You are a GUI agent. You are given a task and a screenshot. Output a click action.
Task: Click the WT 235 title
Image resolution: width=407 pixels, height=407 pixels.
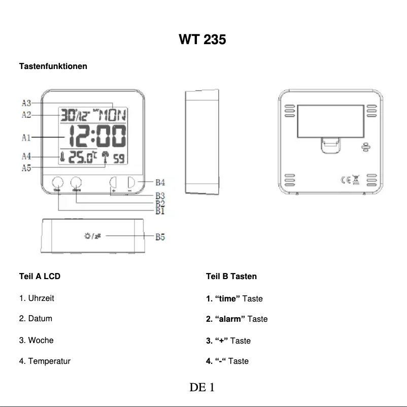click(202, 39)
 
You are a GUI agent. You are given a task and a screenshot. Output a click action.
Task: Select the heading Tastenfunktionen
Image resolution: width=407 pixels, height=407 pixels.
click(53, 66)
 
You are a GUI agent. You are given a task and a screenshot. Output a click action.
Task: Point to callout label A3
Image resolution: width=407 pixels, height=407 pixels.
click(27, 103)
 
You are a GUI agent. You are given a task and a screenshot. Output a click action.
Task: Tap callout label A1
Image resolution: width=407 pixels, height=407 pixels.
click(27, 137)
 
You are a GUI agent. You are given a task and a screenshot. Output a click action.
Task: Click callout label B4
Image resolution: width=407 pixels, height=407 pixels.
click(160, 182)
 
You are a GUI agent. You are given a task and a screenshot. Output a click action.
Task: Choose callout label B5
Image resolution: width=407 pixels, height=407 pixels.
click(160, 236)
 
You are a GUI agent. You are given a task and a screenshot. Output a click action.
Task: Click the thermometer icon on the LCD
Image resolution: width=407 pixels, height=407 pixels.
click(62, 158)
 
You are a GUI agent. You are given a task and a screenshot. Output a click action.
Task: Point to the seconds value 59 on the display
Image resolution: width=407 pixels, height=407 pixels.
click(118, 159)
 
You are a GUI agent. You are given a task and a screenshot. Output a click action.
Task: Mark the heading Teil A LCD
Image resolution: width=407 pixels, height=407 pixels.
click(40, 277)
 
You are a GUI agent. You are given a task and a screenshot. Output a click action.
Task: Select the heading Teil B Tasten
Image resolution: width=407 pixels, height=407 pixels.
click(231, 277)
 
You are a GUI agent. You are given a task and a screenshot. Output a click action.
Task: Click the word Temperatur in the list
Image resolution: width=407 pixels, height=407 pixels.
click(49, 361)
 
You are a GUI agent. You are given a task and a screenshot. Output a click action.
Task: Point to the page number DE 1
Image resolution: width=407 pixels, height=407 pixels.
click(202, 388)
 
